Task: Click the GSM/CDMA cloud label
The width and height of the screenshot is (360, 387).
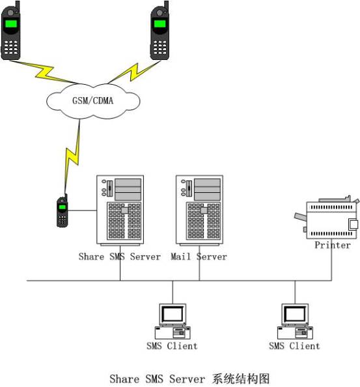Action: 92,101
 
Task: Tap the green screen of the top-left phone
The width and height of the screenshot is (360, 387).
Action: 10,24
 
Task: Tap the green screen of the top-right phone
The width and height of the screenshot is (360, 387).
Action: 159,24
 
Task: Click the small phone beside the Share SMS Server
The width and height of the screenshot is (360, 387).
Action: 62,210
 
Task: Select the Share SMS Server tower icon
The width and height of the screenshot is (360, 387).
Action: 120,210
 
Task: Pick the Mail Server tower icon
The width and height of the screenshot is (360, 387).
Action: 199,210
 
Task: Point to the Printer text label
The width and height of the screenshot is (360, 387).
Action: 333,245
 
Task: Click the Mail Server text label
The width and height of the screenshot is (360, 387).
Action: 199,257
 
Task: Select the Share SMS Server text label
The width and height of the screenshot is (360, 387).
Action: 120,257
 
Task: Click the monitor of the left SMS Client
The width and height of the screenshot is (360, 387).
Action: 173,315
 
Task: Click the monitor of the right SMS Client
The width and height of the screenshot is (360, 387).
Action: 295,315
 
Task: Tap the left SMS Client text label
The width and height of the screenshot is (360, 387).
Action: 172,346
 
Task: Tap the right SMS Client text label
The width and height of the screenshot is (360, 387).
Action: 294,346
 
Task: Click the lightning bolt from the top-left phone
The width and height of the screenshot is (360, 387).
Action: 44,72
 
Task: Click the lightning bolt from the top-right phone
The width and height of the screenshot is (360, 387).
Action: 133,73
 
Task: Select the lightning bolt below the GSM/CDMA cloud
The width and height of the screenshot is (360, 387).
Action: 72,156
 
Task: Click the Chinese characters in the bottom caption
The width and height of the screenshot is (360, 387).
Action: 241,379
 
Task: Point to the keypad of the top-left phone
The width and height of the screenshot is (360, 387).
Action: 11,47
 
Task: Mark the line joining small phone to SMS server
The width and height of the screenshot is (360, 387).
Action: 82,210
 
